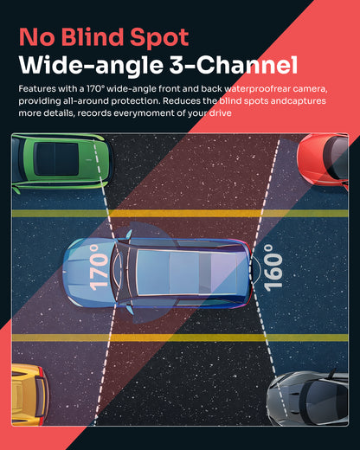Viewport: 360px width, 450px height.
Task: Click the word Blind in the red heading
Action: tap(93, 37)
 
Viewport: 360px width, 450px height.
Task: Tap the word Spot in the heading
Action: tap(159, 38)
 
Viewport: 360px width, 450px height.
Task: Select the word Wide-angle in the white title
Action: tap(91, 66)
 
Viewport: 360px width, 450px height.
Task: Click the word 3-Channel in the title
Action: tap(233, 65)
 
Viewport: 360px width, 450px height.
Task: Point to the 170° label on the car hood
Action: tap(99, 267)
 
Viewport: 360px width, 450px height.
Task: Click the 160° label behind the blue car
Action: tap(273, 267)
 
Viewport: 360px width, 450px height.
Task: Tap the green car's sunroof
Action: tap(56, 159)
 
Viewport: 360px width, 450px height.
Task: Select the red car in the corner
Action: tap(323, 160)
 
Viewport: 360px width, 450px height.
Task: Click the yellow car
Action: tap(29, 395)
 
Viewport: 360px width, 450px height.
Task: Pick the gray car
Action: tap(307, 398)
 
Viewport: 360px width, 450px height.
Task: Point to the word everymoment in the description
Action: tap(144, 113)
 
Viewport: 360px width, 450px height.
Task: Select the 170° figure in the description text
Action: tap(94, 88)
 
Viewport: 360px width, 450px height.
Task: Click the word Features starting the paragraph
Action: tap(37, 88)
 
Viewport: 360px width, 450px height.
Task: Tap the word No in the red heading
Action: tap(36, 37)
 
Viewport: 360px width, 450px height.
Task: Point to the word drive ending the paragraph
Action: tap(220, 112)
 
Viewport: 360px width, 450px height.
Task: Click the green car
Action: tap(61, 162)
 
